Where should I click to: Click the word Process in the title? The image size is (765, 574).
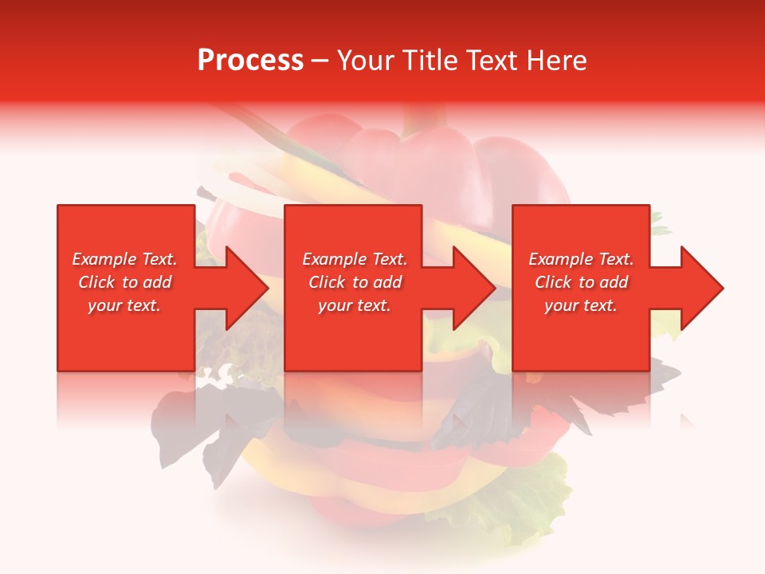tap(250, 61)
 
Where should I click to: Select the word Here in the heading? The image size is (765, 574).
tap(557, 61)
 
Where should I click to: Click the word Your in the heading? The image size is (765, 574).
tap(365, 61)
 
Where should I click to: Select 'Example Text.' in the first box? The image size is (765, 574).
tap(124, 259)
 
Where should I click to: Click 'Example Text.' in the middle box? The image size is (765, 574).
tap(355, 259)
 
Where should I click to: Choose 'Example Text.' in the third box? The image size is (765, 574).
tap(581, 259)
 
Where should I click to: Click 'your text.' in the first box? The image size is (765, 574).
tap(124, 305)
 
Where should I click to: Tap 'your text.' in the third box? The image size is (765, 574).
tap(581, 305)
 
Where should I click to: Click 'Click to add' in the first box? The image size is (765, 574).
tap(124, 282)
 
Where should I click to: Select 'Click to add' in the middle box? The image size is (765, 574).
tap(355, 282)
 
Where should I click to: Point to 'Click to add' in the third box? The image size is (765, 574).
tap(581, 282)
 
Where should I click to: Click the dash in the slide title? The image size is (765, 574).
tap(320, 61)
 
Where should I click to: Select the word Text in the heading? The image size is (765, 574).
tap(489, 61)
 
